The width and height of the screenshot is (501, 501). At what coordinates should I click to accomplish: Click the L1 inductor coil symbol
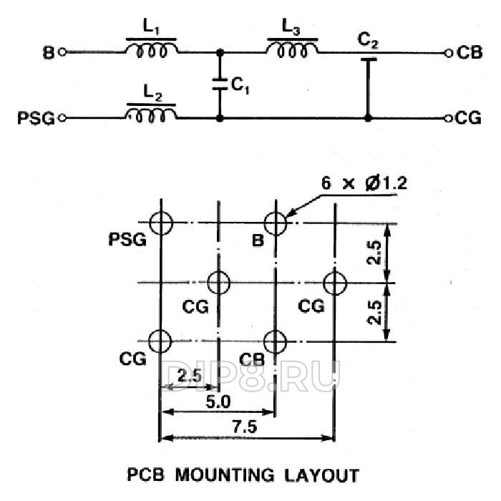[x=151, y=50]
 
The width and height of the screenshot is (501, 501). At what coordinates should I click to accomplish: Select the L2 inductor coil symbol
[x=151, y=115]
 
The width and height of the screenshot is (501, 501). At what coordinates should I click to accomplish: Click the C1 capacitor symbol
[x=220, y=84]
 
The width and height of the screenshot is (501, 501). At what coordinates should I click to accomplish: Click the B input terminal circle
[x=62, y=52]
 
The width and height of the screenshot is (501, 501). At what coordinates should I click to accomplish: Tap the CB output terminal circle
[x=448, y=52]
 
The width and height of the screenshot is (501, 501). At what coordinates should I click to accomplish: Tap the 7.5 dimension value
[x=245, y=426]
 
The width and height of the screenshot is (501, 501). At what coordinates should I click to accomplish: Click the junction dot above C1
[x=220, y=52]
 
